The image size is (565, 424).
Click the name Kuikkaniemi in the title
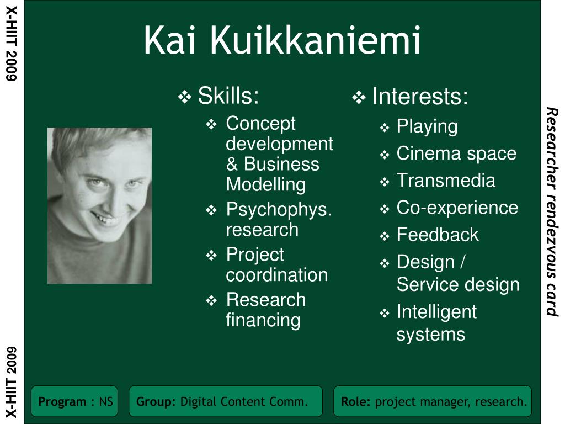point(315,40)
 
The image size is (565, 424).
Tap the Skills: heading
point(228,96)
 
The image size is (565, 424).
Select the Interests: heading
point(420,96)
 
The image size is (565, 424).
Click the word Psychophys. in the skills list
point(279,210)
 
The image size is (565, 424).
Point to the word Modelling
point(266,184)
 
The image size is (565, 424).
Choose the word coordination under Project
point(277,275)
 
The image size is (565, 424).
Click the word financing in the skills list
point(263,321)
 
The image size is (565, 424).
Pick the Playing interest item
point(427,127)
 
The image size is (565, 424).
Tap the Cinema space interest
point(456,153)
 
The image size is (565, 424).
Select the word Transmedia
point(446,181)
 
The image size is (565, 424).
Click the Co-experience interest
point(457,208)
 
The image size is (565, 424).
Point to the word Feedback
point(438,235)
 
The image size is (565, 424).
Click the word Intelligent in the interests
point(437,312)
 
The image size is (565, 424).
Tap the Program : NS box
point(74,401)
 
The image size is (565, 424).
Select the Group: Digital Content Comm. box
point(226,401)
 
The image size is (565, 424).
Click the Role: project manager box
point(433,401)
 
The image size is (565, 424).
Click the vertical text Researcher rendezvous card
point(552,212)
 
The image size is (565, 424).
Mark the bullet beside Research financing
point(211,300)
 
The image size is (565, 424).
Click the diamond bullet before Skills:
point(184,97)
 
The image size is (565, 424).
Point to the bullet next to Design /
point(385,263)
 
